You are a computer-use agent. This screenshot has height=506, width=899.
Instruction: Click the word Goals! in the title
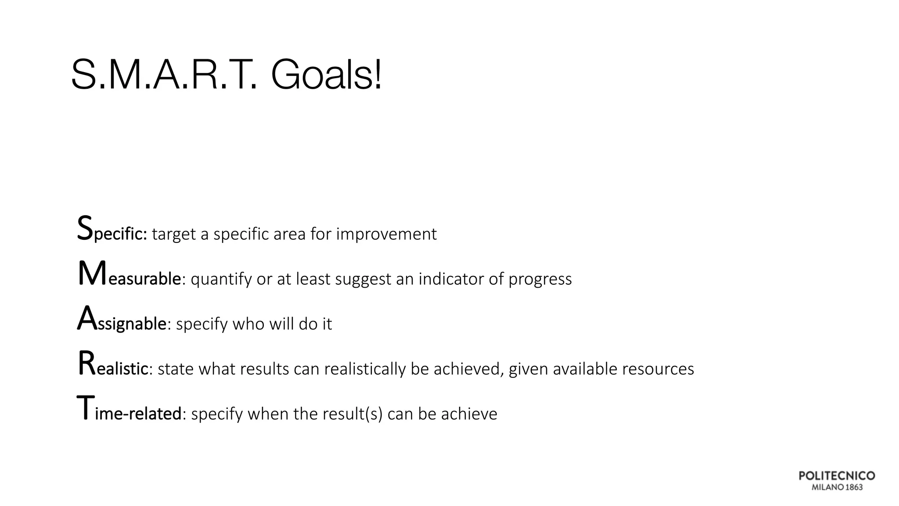(326, 75)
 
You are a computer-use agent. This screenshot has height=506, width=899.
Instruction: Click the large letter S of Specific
(85, 228)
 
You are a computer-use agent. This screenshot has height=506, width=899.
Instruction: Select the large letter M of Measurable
(92, 274)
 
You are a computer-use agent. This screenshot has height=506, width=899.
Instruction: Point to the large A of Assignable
(86, 318)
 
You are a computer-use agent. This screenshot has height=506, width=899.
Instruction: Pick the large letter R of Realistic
(86, 364)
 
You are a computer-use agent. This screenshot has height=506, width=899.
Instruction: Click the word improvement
(386, 235)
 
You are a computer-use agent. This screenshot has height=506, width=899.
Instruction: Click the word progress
(540, 280)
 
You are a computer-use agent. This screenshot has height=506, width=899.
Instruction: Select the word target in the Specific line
(173, 235)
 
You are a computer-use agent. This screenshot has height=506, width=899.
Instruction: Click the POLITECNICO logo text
(837, 476)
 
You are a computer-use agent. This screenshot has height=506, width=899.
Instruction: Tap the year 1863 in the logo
(854, 487)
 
